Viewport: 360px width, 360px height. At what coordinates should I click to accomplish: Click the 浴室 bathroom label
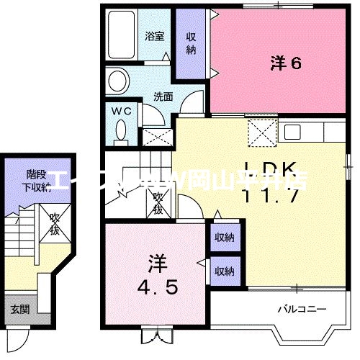click(153, 35)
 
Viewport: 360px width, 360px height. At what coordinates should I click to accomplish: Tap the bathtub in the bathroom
click(123, 37)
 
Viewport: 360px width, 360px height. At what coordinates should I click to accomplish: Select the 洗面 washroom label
click(162, 96)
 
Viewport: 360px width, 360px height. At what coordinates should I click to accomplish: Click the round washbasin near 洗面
click(117, 80)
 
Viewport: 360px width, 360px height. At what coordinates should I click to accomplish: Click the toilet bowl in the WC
click(121, 130)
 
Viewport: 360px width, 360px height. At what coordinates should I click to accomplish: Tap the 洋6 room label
click(285, 63)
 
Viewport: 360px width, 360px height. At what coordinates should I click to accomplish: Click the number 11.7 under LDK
click(270, 195)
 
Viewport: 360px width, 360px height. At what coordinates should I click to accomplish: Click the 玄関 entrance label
click(19, 310)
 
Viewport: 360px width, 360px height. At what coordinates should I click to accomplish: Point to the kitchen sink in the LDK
click(293, 132)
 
